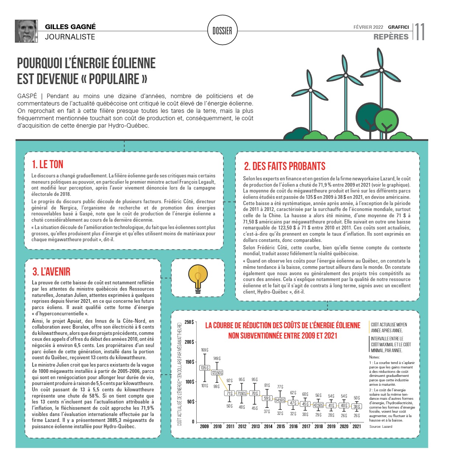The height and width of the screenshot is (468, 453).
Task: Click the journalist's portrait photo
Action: tap(26, 31)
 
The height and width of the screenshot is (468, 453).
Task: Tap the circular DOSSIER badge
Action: tap(222, 31)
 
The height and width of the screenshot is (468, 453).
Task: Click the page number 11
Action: tap(420, 32)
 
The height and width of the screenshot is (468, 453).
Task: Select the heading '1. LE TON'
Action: tap(48, 164)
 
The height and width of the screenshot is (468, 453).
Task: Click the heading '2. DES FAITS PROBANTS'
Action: tap(284, 166)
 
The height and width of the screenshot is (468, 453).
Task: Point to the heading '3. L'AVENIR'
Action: tap(51, 272)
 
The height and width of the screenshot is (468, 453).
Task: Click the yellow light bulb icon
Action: tap(198, 278)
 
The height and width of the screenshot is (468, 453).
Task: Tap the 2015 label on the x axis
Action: tap(281, 426)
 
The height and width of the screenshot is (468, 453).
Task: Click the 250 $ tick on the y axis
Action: tap(189, 322)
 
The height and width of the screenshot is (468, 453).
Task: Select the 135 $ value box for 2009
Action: tap(205, 368)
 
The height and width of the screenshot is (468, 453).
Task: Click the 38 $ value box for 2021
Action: tap(356, 406)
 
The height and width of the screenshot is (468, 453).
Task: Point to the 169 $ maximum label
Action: tap(204, 350)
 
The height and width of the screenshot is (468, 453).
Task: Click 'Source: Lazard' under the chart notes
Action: tap(381, 427)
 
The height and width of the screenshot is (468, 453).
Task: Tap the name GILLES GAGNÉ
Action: tap(70, 27)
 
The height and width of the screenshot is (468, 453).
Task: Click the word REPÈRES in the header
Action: tap(391, 37)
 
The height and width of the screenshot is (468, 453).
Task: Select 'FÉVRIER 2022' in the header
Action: tap(368, 27)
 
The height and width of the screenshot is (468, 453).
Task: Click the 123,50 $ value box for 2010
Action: tap(217, 373)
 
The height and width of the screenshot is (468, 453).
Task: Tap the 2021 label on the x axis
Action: tap(357, 426)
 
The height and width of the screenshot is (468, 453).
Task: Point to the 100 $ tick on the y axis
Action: tap(189, 382)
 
